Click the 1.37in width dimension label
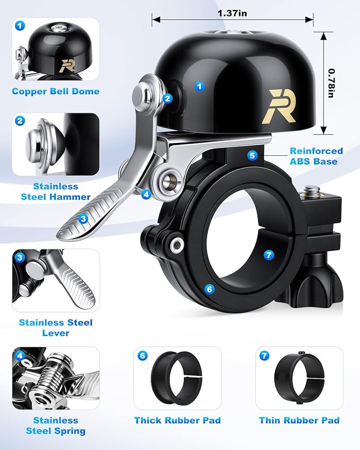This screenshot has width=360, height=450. click(x=232, y=13)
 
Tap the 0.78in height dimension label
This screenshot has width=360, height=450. click(x=331, y=83)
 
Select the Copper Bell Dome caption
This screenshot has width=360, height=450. click(x=56, y=91)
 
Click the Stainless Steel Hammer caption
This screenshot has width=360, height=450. click(x=56, y=192)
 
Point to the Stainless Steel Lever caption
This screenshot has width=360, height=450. click(x=56, y=328)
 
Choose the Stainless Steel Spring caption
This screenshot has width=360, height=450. click(x=56, y=426)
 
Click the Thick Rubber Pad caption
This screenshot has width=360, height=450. click(x=178, y=420)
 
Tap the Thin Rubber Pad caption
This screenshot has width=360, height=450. click(x=299, y=420)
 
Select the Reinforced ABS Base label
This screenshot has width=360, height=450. click(x=316, y=156)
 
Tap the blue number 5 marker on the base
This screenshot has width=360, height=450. click(x=252, y=155)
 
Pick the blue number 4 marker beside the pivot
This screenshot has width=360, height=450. click(x=146, y=195)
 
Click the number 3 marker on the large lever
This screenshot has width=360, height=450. click(x=83, y=219)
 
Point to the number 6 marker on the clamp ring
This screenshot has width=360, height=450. click(x=209, y=289)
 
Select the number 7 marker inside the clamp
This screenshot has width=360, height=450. click(x=269, y=255)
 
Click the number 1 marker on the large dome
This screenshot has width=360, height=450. click(x=200, y=86)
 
